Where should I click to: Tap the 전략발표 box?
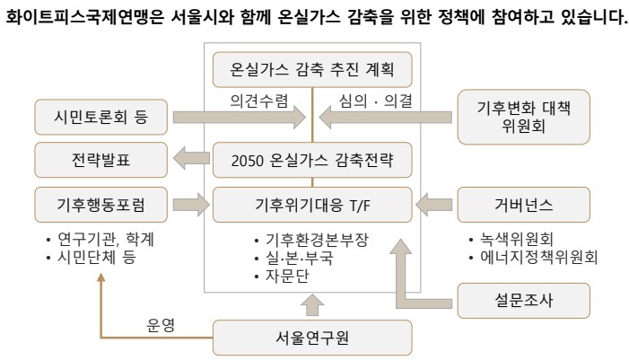pos(100,160)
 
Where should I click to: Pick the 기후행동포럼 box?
pos(100,205)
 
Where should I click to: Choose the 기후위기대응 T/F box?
pos(311,205)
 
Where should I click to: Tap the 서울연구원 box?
pos(311,338)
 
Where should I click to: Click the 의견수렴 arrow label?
pos(257,101)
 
